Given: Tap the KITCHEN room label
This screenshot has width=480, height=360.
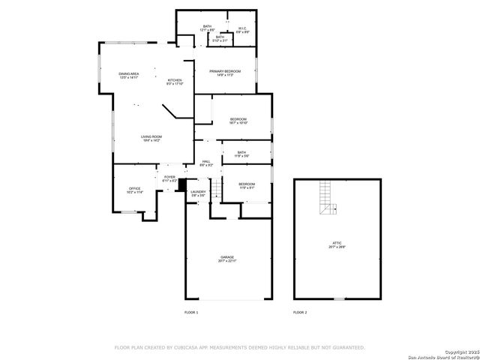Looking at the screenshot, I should click(174, 81).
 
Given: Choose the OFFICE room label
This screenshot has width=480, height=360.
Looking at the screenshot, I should click(135, 190).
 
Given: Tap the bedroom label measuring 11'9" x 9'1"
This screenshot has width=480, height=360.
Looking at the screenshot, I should click(247, 185).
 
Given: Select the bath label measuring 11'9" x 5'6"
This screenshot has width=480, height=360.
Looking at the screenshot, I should click(241, 154).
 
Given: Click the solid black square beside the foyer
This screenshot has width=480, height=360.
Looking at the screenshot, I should click(181, 184).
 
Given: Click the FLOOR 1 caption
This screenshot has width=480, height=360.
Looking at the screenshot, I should click(191, 311).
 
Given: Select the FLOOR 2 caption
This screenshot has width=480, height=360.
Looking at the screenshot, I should click(300, 311).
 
